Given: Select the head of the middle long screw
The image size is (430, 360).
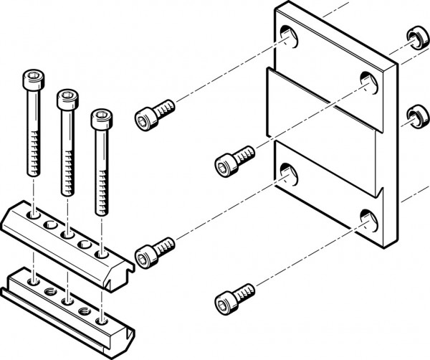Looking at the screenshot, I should point(66,97).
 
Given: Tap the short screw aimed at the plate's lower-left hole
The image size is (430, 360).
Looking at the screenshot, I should point(154,250).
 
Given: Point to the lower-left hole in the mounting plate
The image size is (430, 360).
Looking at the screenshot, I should point(288,171).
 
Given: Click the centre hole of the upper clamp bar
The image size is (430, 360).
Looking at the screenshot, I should point(68,233).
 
